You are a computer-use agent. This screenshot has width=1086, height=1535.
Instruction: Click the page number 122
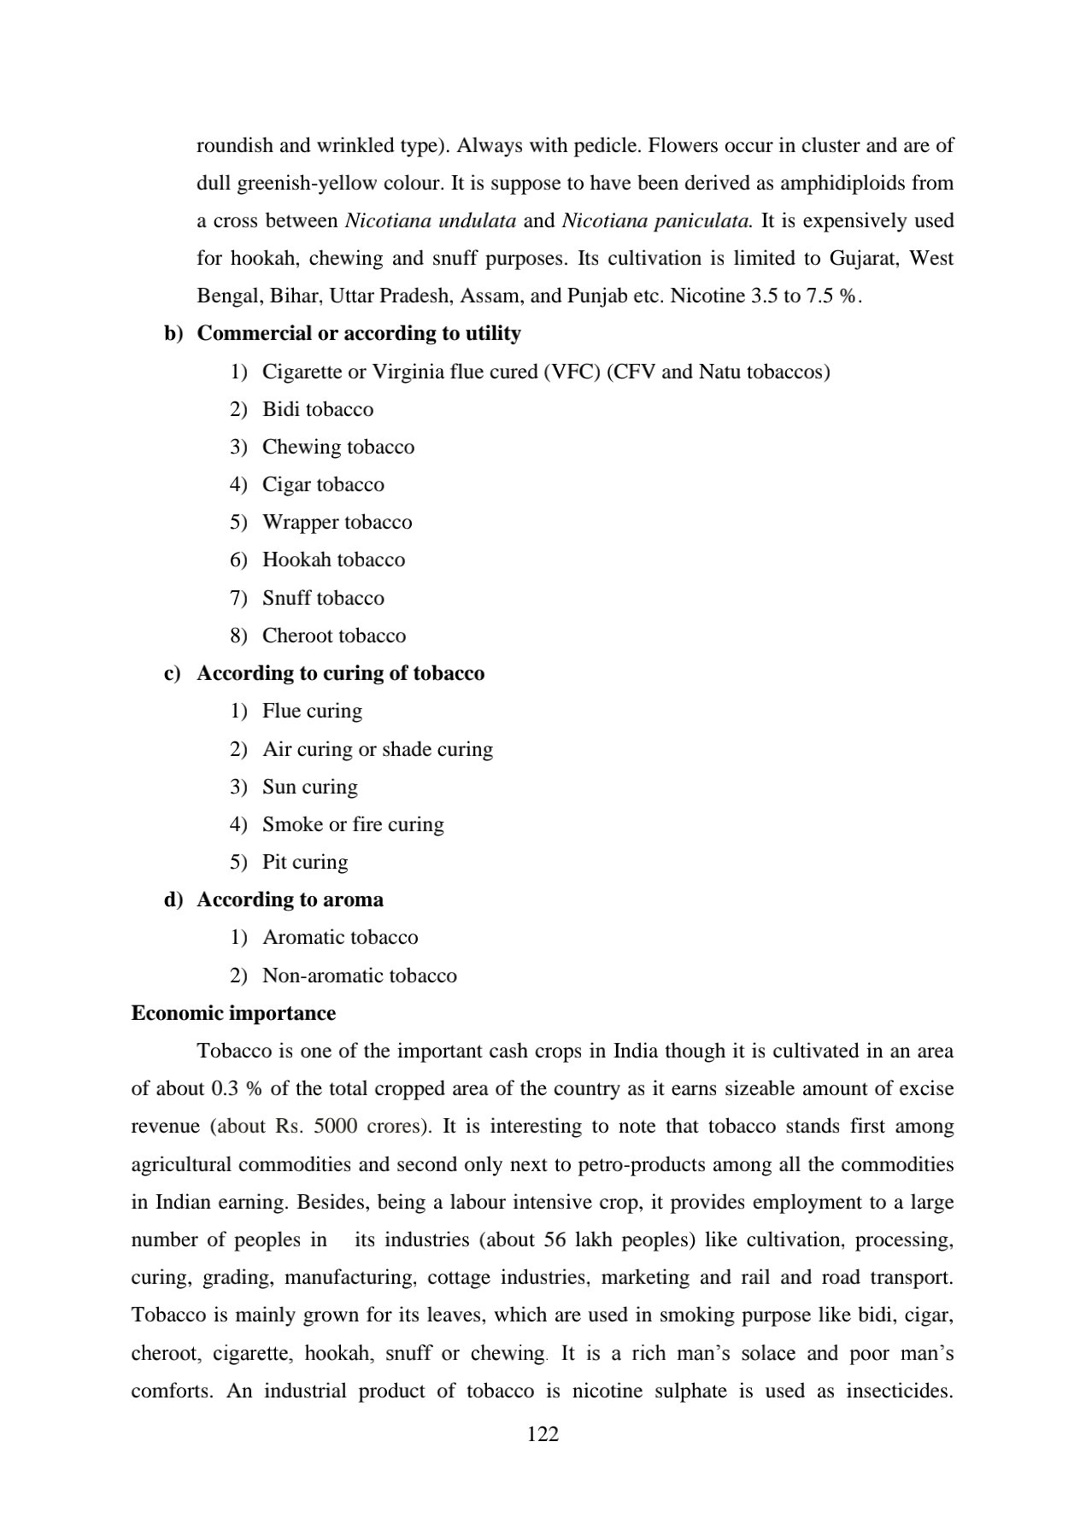click(543, 1433)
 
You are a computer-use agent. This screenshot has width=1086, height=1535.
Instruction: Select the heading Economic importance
click(233, 1013)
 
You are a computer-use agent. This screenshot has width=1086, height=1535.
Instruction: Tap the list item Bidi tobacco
click(318, 409)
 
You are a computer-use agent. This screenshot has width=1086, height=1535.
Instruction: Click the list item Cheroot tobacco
click(334, 636)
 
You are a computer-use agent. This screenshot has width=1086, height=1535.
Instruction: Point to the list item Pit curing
click(305, 862)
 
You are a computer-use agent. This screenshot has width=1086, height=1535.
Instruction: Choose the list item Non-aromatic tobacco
click(360, 975)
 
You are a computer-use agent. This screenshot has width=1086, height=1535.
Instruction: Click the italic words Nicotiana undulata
click(430, 220)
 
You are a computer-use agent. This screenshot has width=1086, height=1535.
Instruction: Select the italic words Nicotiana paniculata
click(657, 220)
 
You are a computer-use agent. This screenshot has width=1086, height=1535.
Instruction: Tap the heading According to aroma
click(290, 899)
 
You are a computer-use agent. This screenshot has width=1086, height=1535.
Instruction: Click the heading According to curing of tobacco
click(340, 673)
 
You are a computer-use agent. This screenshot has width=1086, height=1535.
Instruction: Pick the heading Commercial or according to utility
click(359, 333)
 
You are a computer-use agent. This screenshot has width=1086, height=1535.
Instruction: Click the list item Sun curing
click(310, 787)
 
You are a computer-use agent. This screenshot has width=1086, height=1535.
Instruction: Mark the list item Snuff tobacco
click(323, 598)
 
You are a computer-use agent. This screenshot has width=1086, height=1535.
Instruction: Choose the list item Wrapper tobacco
click(337, 522)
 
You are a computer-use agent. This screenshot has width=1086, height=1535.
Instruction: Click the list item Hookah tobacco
click(333, 560)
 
